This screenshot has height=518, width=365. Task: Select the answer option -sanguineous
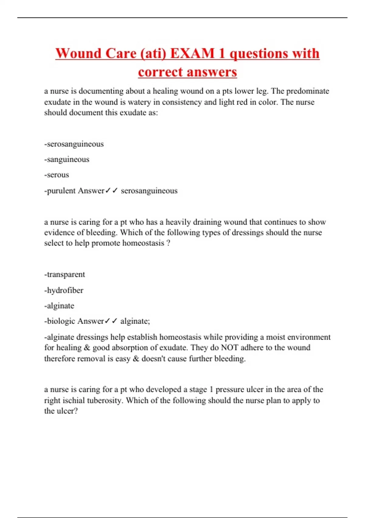click(67, 159)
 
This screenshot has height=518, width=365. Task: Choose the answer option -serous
click(57, 175)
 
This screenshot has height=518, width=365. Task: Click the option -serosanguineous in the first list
click(74, 144)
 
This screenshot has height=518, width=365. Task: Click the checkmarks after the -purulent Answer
click(111, 191)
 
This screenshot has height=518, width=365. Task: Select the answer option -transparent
click(64, 275)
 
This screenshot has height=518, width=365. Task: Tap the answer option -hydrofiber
click(64, 290)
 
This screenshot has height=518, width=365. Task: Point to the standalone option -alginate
click(59, 306)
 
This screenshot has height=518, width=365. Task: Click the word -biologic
click(59, 321)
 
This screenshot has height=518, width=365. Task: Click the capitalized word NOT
click(229, 348)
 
